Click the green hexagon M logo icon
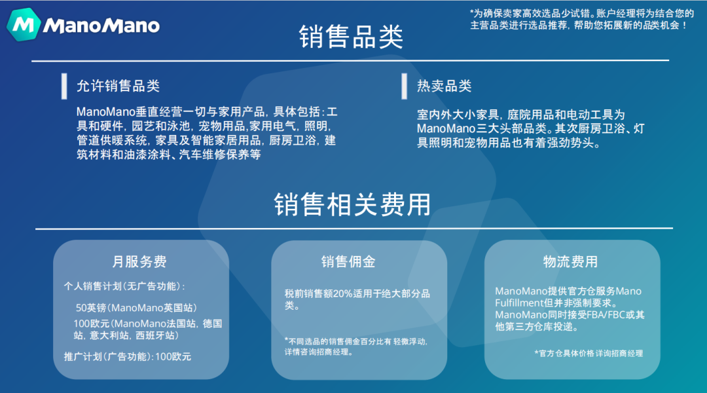pyautogui.click(x=24, y=26)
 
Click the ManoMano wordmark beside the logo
pyautogui.click(x=101, y=26)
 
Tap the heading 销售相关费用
pyautogui.click(x=352, y=204)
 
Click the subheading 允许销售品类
pyautogui.click(x=118, y=86)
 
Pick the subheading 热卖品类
pyautogui.click(x=444, y=86)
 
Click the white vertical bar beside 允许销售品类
pyautogui.click(x=64, y=86)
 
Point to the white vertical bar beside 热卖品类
pyautogui.click(x=404, y=86)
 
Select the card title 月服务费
pyautogui.click(x=139, y=262)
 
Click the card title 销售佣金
pyautogui.click(x=348, y=262)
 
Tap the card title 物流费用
pyautogui.click(x=570, y=262)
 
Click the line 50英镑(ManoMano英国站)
pyautogui.click(x=136, y=308)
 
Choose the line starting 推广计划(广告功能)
pyautogui.click(x=128, y=357)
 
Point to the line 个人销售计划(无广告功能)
pyautogui.click(x=124, y=286)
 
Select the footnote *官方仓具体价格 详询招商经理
pyautogui.click(x=589, y=353)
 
